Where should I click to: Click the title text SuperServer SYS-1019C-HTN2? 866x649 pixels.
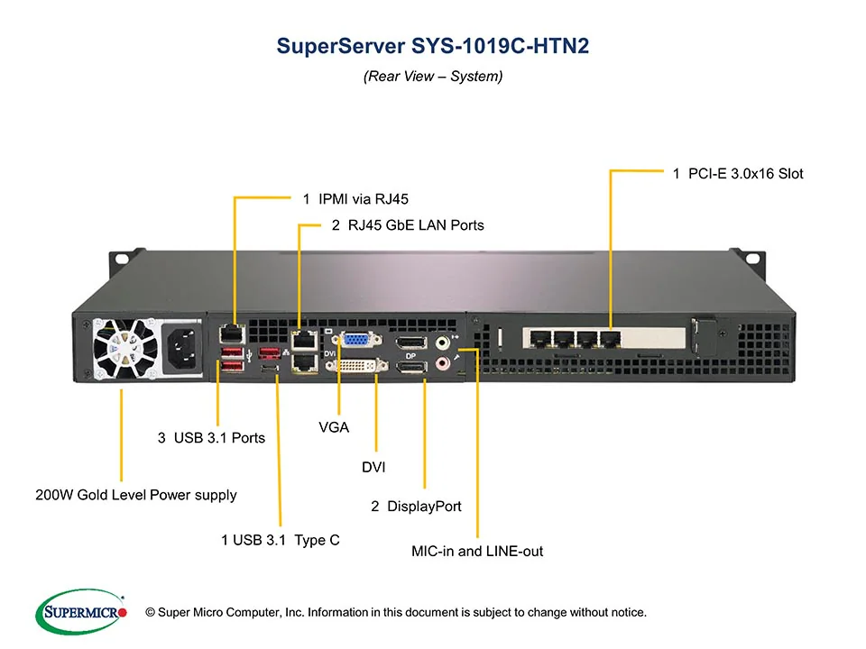click(x=433, y=46)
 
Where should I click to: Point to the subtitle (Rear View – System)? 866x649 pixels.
click(x=433, y=77)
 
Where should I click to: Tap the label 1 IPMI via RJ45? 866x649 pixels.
click(x=362, y=198)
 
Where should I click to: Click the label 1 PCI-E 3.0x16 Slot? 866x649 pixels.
click(x=738, y=173)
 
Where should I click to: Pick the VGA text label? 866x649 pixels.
click(x=334, y=427)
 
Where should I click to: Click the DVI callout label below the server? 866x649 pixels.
click(x=374, y=467)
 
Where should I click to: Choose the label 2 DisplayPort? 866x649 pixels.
click(x=416, y=507)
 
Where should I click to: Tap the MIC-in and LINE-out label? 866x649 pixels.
click(x=477, y=551)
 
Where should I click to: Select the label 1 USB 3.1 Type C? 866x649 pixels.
click(x=281, y=541)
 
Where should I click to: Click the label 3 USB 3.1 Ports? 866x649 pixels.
click(x=211, y=438)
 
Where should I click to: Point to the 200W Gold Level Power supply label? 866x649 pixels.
click(x=136, y=495)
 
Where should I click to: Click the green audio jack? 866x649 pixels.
click(x=443, y=343)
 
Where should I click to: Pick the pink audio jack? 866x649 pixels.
click(x=443, y=363)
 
